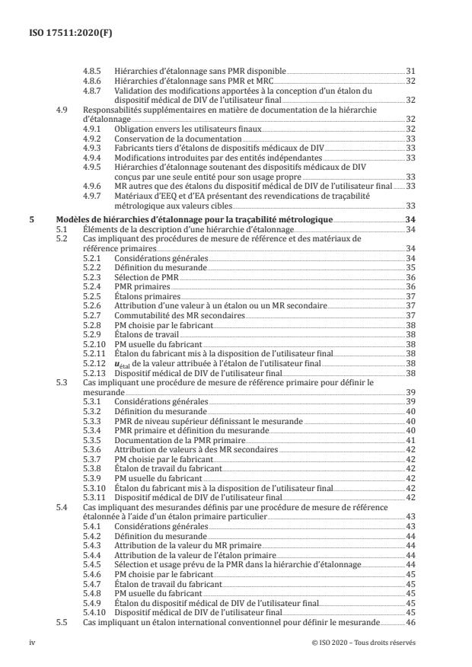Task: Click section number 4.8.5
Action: pyautogui.click(x=93, y=69)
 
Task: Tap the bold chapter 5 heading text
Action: pyautogui.click(x=194, y=219)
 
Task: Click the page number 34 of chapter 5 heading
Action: pyautogui.click(x=410, y=219)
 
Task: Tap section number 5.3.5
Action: pyautogui.click(x=93, y=439)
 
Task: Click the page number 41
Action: pyautogui.click(x=410, y=439)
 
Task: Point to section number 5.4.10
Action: pyautogui.click(x=95, y=611)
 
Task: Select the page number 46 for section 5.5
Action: pyautogui.click(x=410, y=622)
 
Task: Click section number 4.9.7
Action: pyautogui.click(x=93, y=196)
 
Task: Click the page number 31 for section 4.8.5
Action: pyautogui.click(x=410, y=69)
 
